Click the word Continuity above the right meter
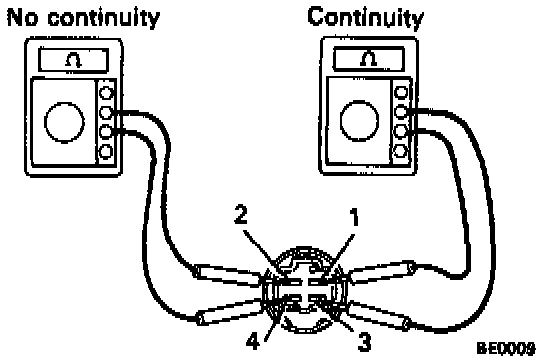[365, 17]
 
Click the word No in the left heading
[22, 18]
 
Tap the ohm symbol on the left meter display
[74, 61]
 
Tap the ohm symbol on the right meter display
[368, 58]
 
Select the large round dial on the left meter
[65, 122]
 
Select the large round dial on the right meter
[359, 120]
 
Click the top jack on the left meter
[106, 93]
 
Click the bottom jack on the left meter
[106, 152]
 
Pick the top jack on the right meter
[401, 92]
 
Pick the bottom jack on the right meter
[401, 151]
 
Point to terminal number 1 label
[353, 217]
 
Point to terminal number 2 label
[241, 214]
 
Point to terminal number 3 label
[364, 341]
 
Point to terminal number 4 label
[253, 341]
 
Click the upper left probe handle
[227, 275]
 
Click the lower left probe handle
[230, 312]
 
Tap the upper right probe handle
[382, 273]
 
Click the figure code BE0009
[506, 348]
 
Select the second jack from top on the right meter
[401, 112]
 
